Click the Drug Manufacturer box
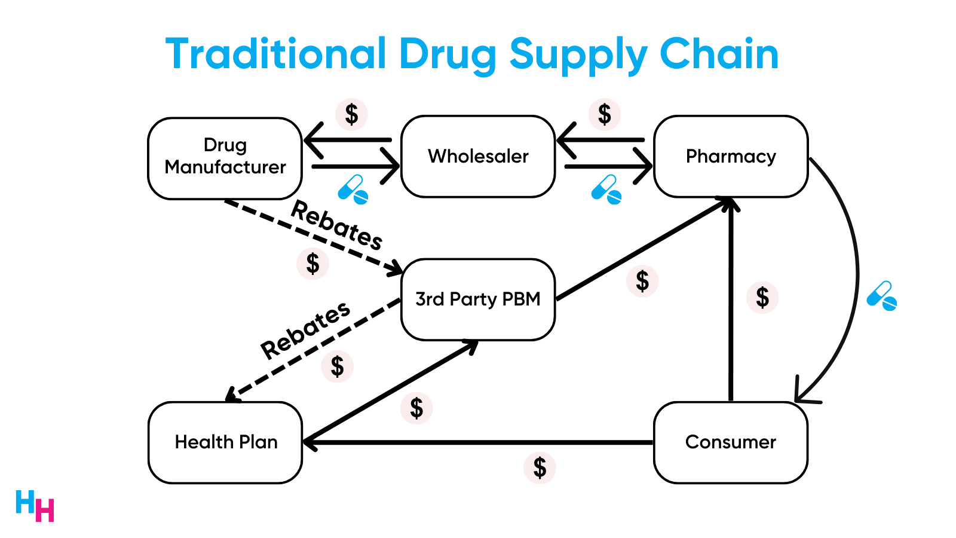pyautogui.click(x=225, y=158)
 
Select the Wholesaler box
pyautogui.click(x=478, y=157)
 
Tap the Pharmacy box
pyautogui.click(x=731, y=157)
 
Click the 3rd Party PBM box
pyautogui.click(x=478, y=299)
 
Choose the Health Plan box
pyautogui.click(x=225, y=442)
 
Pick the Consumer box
pyautogui.click(x=731, y=442)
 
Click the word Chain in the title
pyautogui.click(x=719, y=54)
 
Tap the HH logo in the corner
pyautogui.click(x=35, y=506)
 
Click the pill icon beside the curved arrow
pyautogui.click(x=882, y=296)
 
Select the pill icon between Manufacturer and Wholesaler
pyautogui.click(x=353, y=189)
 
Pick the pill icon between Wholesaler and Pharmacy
pyautogui.click(x=606, y=189)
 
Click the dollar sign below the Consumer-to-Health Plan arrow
pyautogui.click(x=540, y=467)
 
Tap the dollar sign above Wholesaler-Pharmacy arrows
pyautogui.click(x=605, y=114)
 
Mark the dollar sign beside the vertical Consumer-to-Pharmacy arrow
pyautogui.click(x=762, y=297)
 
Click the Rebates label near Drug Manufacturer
pyautogui.click(x=336, y=225)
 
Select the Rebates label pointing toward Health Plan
pyautogui.click(x=305, y=329)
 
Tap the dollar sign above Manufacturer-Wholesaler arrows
pyautogui.click(x=351, y=114)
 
